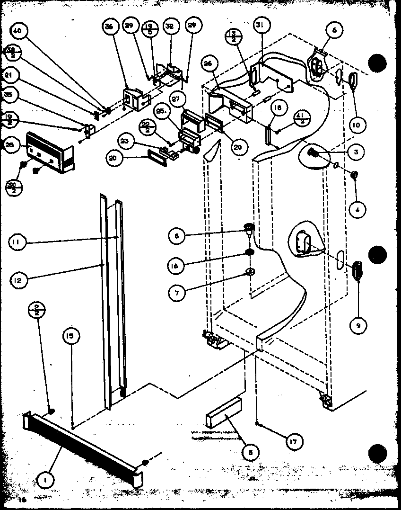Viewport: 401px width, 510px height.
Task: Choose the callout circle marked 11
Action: (16, 243)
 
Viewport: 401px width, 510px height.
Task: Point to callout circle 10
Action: (358, 125)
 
